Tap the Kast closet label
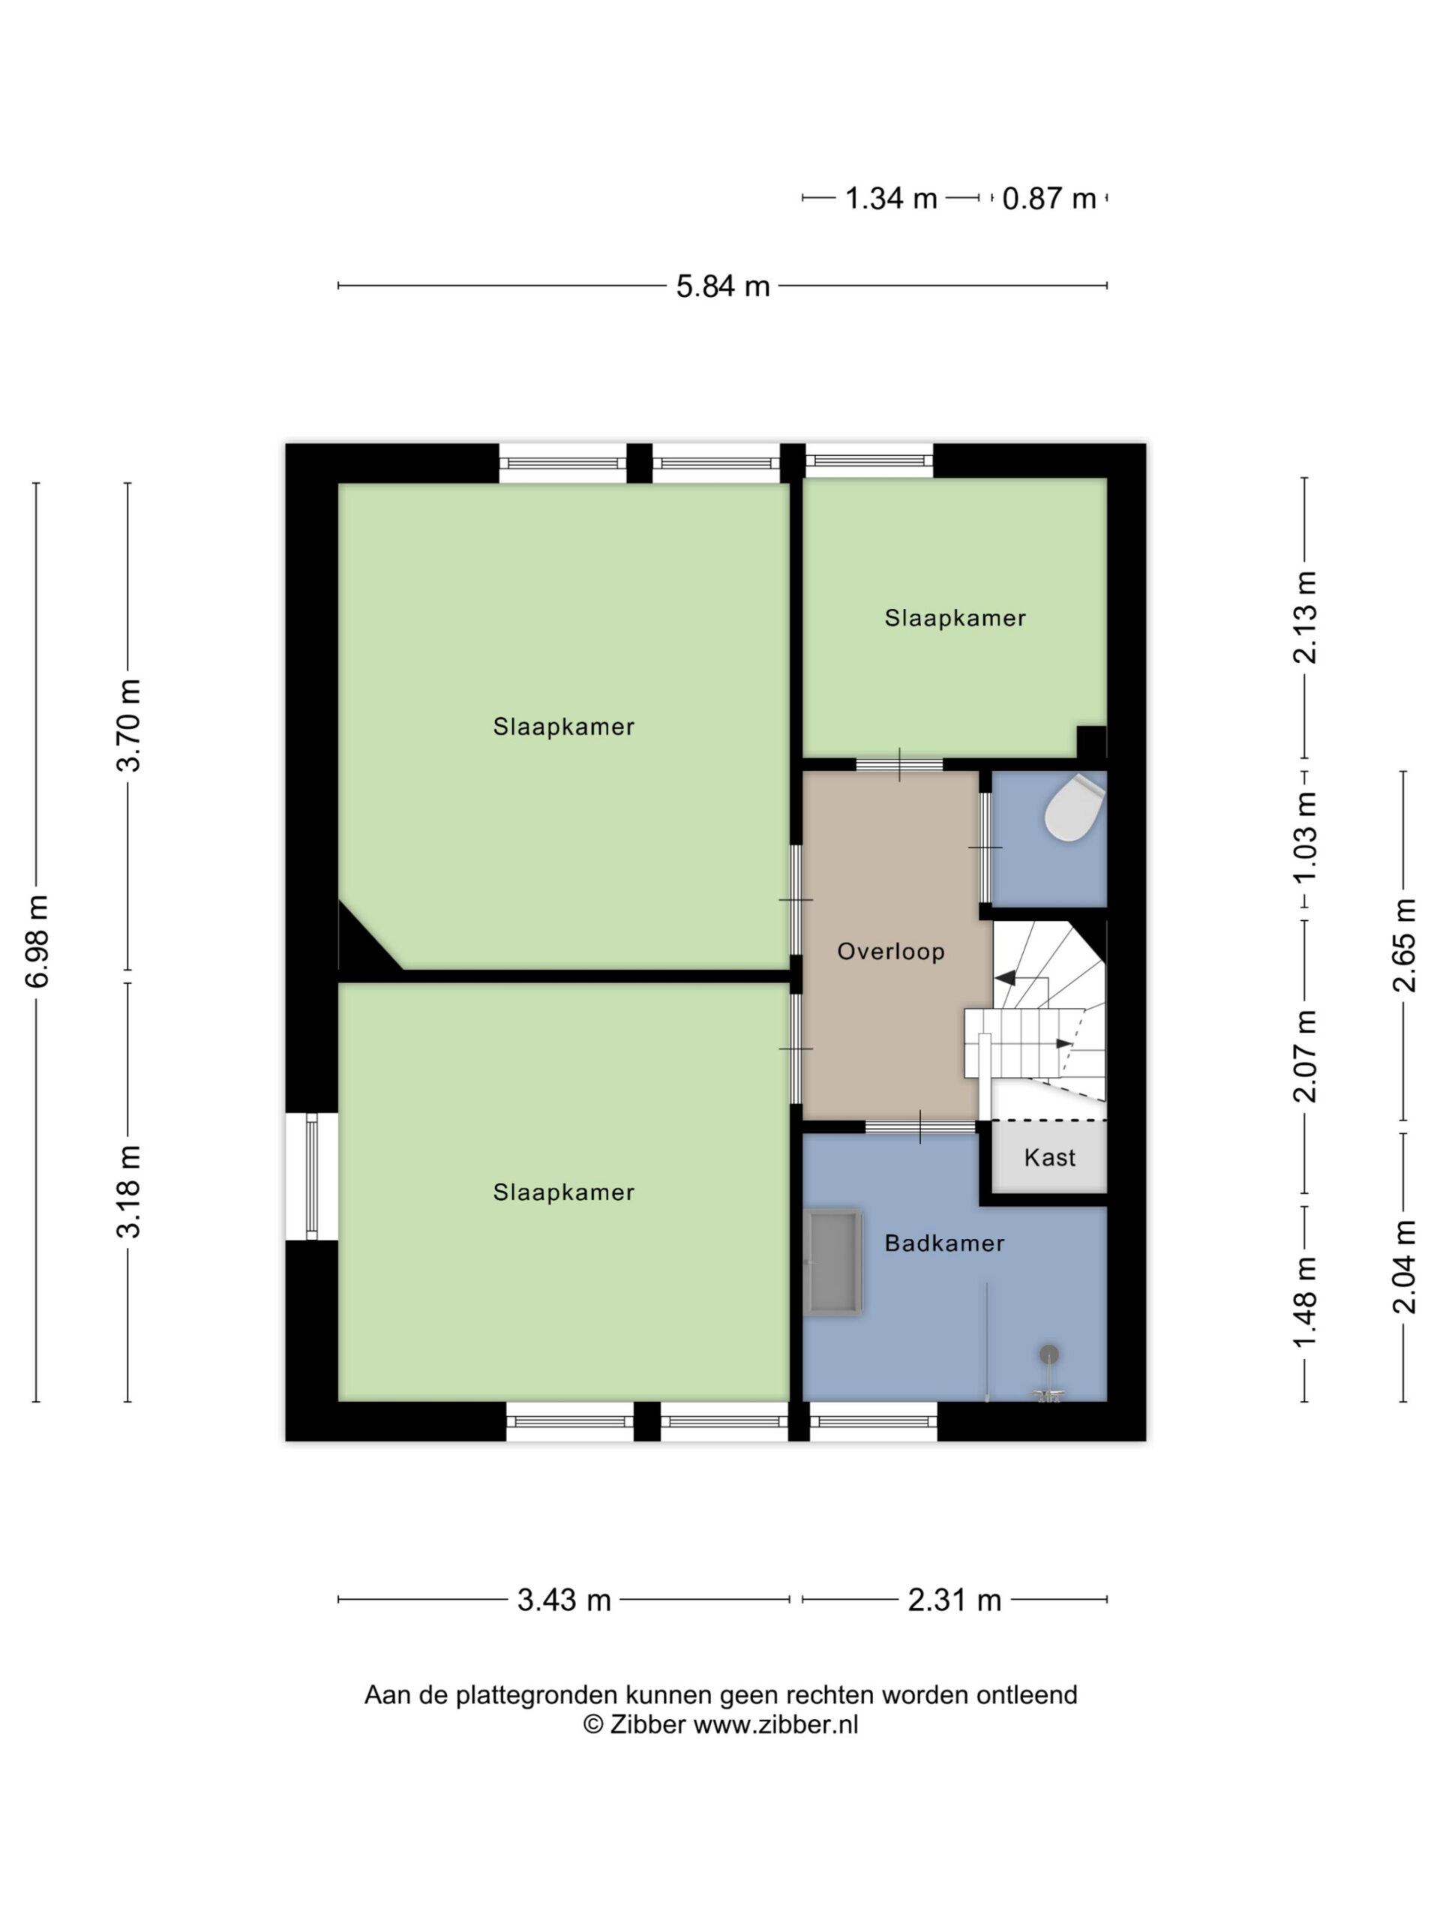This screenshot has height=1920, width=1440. (1049, 1157)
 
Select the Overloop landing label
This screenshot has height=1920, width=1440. (890, 951)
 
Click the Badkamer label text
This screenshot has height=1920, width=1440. (944, 1243)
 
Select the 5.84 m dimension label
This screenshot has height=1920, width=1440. (723, 286)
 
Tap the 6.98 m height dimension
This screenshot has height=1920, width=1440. (37, 941)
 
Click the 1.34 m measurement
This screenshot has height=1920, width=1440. (892, 199)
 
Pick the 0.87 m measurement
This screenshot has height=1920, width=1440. (1048, 199)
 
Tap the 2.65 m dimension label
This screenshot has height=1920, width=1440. (1403, 945)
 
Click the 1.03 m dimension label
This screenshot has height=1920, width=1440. (1304, 837)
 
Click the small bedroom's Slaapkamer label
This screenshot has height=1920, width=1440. (955, 618)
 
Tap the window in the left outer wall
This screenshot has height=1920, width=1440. (311, 1176)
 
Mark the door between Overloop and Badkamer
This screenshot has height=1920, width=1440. (920, 1126)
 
